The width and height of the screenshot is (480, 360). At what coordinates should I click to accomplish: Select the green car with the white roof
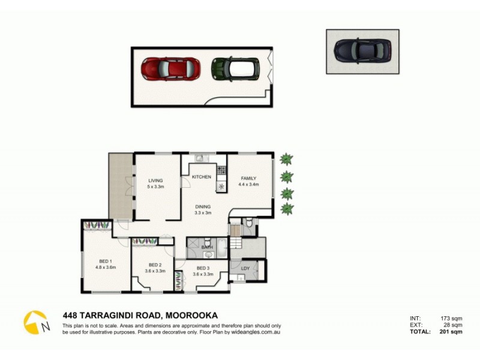(x=235, y=69)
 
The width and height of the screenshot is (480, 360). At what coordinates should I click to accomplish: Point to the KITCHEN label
(x=201, y=178)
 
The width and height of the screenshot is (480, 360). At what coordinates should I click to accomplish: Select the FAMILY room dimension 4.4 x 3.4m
(x=249, y=185)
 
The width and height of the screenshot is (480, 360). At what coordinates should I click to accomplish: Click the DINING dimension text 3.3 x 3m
(x=202, y=212)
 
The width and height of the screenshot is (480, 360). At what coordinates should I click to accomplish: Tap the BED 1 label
(x=106, y=261)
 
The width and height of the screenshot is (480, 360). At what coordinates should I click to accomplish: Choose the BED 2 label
(x=155, y=265)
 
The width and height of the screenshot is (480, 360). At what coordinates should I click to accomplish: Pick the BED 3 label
(x=202, y=268)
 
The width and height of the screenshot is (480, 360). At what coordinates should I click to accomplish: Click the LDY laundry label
(x=245, y=268)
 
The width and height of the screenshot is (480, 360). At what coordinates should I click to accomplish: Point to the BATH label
(x=207, y=247)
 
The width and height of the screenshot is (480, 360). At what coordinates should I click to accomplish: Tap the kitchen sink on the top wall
(x=200, y=159)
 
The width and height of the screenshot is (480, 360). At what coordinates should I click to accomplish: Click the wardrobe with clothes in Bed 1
(x=97, y=225)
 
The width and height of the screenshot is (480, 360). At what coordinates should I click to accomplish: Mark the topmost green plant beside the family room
(x=287, y=160)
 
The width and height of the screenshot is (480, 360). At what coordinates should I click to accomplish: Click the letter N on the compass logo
(x=46, y=326)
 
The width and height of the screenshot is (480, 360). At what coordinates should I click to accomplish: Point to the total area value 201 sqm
(x=449, y=332)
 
